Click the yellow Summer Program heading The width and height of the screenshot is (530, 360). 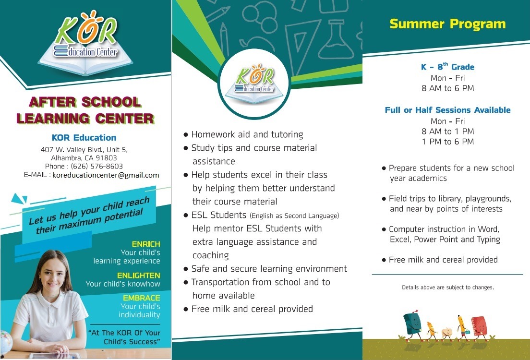[447, 24]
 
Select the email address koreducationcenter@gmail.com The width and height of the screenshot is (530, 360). [106, 175]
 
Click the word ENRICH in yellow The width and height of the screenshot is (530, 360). [146, 244]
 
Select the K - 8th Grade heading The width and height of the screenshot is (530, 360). [447, 67]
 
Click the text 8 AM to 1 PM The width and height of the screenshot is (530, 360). [447, 132]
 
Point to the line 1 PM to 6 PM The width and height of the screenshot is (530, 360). [447, 142]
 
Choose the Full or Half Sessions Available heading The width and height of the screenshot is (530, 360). [447, 110]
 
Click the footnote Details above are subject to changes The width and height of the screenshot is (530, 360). [447, 288]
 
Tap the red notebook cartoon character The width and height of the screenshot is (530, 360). [479, 326]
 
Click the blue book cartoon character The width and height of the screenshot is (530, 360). [412, 324]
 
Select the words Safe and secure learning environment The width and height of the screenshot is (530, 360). [269, 269]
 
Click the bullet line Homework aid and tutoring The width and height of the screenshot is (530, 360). [247, 134]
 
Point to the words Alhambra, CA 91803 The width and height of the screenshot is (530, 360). [84, 158]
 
